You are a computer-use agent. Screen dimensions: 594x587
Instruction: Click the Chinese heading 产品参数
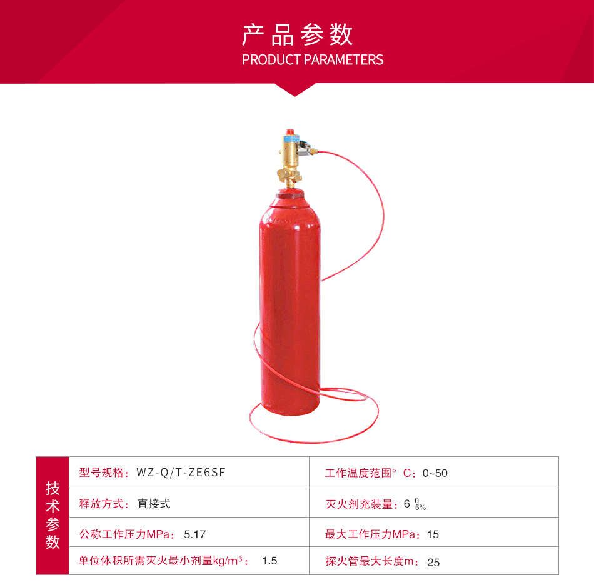tap(298, 34)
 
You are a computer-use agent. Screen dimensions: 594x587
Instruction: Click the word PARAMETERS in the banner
tap(344, 60)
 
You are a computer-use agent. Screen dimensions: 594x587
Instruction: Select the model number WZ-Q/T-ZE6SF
tap(181, 473)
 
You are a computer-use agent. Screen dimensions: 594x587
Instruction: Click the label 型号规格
tap(101, 473)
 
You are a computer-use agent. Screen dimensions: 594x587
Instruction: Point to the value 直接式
tap(153, 504)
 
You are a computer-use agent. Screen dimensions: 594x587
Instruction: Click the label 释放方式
tap(101, 504)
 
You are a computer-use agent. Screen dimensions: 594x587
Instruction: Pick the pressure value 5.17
tap(194, 534)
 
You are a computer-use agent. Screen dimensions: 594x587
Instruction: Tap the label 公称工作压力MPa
tap(124, 534)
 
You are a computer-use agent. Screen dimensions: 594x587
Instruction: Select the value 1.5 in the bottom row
tap(269, 561)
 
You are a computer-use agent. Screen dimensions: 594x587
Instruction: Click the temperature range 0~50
tap(435, 473)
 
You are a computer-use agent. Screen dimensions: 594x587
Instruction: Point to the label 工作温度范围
tap(358, 473)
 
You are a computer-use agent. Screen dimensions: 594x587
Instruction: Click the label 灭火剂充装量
tap(359, 504)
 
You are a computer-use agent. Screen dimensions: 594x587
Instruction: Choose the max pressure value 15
tap(433, 534)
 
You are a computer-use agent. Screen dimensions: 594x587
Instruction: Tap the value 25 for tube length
tap(433, 563)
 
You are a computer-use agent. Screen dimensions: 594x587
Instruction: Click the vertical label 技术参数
tap(53, 516)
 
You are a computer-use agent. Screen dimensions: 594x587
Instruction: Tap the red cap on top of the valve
tap(290, 131)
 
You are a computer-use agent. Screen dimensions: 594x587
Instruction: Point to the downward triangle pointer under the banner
tap(294, 90)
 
